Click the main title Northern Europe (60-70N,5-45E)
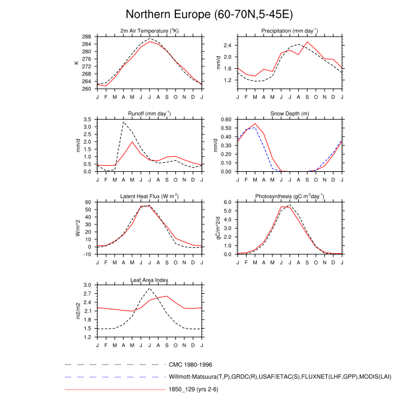pyautogui.click(x=209, y=14)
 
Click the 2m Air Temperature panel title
pyautogui.click(x=149, y=31)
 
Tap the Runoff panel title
pyautogui.click(x=149, y=114)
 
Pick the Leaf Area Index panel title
pyautogui.click(x=149, y=280)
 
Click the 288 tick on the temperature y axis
pyautogui.click(x=87, y=36)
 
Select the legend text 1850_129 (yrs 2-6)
pyautogui.click(x=196, y=390)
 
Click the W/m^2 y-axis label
pyautogui.click(x=77, y=228)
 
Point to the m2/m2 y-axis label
pyautogui.click(x=77, y=311)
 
